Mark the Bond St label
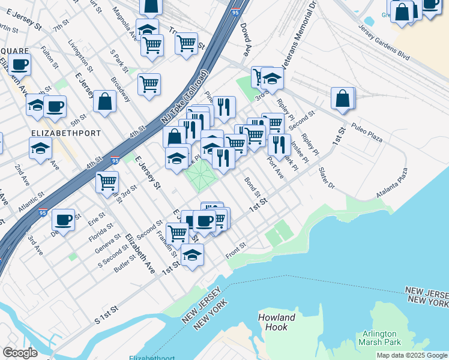pyautogui.click(x=252, y=186)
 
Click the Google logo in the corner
pyautogui.click(x=20, y=353)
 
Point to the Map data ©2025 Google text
pyautogui.click(x=412, y=355)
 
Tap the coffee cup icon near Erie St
pyautogui.click(x=63, y=220)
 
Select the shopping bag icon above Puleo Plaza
pyautogui.click(x=342, y=99)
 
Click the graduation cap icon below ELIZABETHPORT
pyautogui.click(x=40, y=147)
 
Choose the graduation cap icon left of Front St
pyautogui.click(x=192, y=255)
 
